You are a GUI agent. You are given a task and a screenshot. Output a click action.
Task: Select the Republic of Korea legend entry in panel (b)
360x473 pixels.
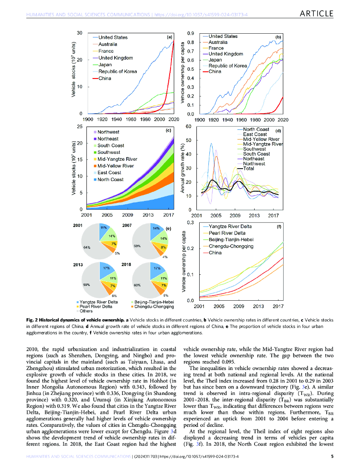(x=228, y=66)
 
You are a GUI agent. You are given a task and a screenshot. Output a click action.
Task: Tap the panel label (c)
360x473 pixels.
(x=168, y=131)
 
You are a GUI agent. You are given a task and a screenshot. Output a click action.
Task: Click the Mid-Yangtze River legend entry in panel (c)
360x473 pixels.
(x=117, y=159)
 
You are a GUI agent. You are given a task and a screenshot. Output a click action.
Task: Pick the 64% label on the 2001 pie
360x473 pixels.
(x=87, y=248)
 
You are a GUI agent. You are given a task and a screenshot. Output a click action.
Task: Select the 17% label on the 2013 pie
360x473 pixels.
(x=107, y=268)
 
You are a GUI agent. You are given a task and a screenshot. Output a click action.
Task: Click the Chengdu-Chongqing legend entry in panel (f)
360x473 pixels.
(x=231, y=246)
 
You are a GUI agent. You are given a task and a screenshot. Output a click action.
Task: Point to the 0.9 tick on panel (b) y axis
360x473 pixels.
(x=190, y=33)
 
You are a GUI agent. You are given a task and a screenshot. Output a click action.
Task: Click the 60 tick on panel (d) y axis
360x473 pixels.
(x=189, y=127)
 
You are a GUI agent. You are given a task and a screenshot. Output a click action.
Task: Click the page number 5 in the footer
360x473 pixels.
(x=332, y=457)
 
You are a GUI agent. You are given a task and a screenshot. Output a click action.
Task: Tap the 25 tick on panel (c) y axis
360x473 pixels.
(x=80, y=127)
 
